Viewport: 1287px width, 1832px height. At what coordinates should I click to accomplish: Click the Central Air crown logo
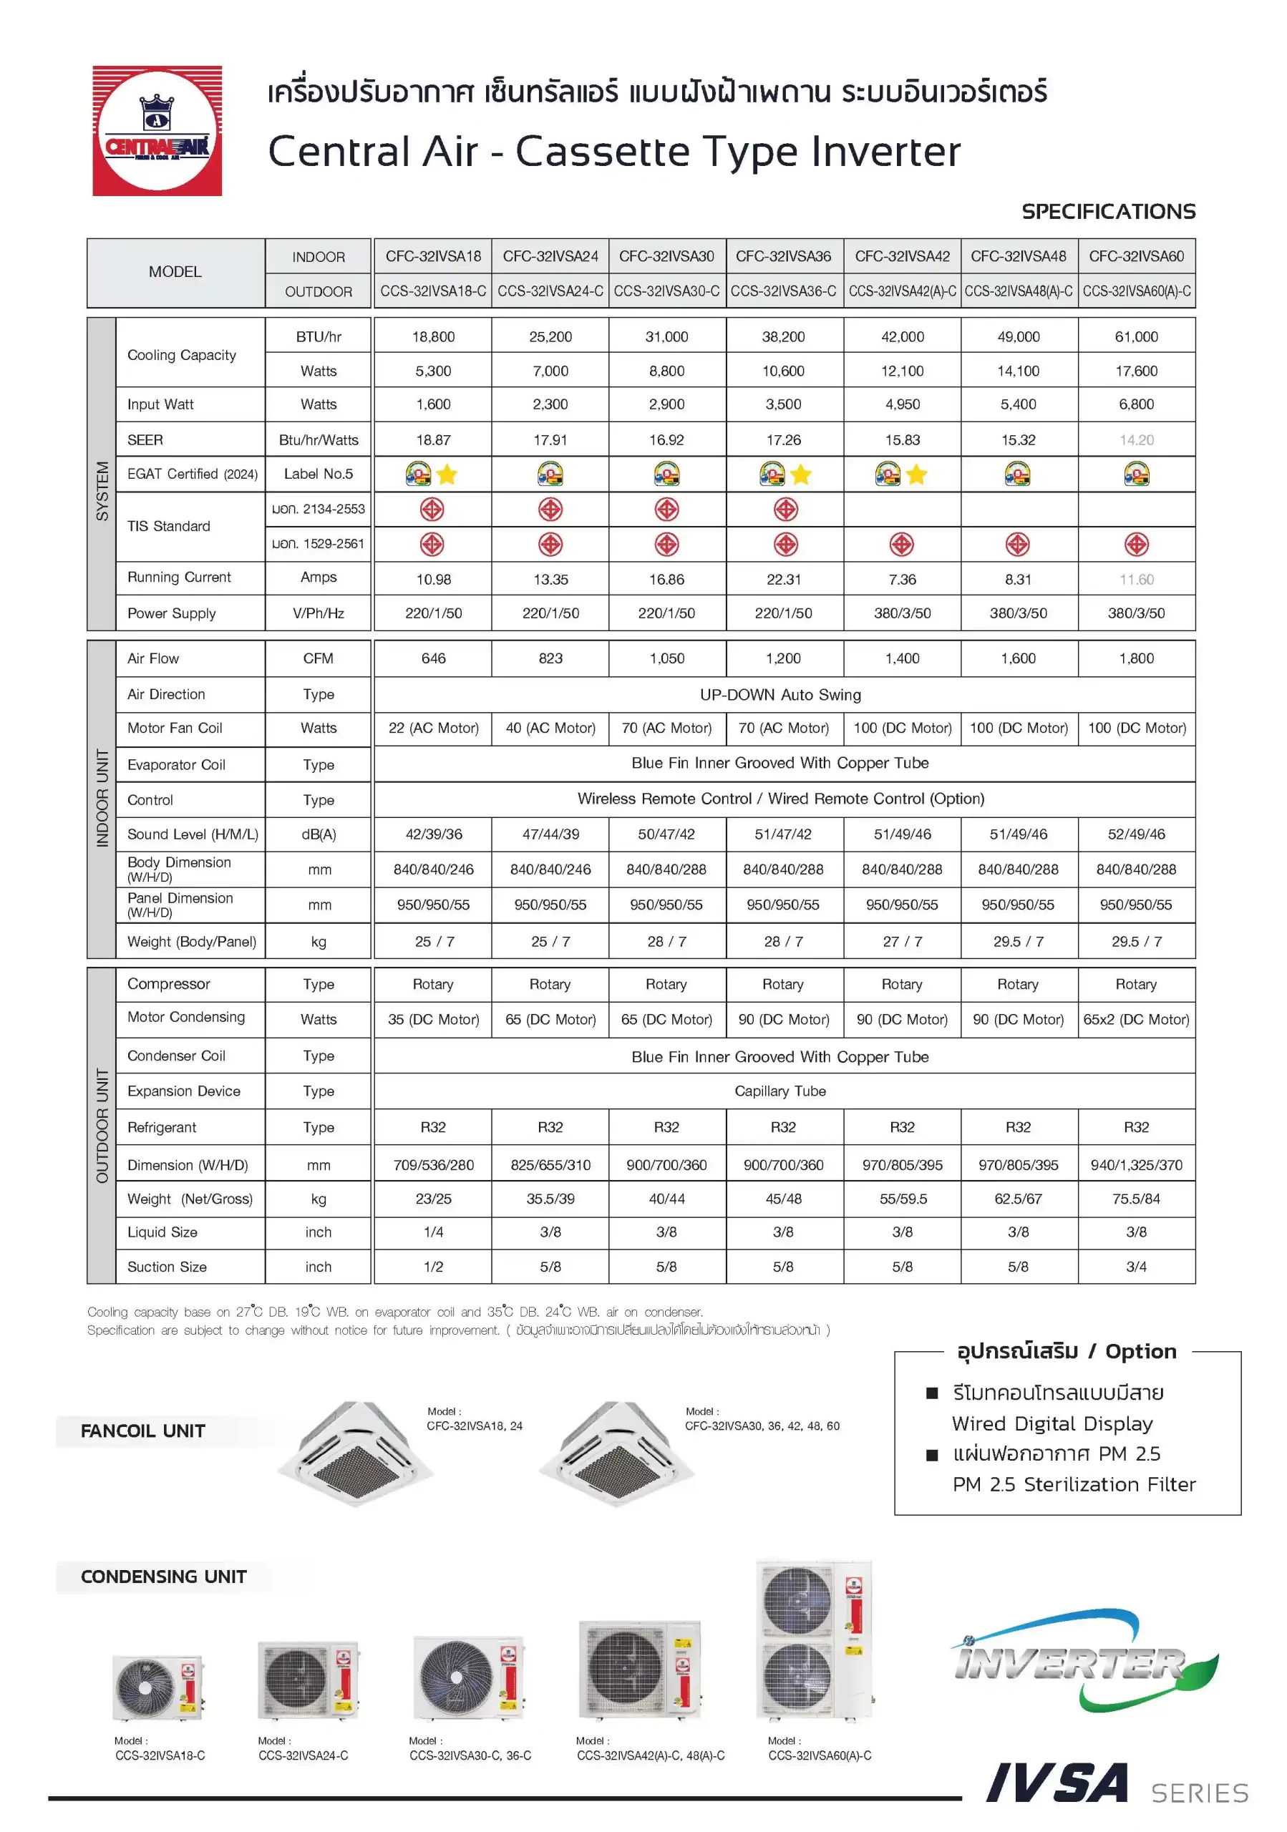click(x=157, y=131)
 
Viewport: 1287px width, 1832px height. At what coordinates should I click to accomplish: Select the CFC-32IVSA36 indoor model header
click(x=783, y=256)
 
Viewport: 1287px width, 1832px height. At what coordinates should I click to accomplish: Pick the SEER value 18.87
click(x=433, y=439)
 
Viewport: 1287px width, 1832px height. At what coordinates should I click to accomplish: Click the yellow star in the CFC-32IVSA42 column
click(x=917, y=474)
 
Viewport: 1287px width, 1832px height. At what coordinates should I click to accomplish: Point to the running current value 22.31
click(x=783, y=579)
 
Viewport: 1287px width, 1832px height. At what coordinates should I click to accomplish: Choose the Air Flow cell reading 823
click(x=550, y=658)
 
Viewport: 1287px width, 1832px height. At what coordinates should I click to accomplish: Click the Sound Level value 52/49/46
click(x=1136, y=834)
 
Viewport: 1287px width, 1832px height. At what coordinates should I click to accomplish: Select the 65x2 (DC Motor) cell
click(x=1136, y=1019)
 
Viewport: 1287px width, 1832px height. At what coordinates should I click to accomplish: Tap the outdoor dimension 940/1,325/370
click(x=1136, y=1165)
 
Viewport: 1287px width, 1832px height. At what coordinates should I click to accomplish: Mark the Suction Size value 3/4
click(x=1136, y=1266)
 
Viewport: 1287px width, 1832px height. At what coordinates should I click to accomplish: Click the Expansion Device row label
click(x=183, y=1091)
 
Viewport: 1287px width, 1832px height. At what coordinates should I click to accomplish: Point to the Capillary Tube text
click(x=780, y=1091)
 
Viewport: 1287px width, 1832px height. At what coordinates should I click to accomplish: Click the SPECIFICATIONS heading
click(x=1108, y=211)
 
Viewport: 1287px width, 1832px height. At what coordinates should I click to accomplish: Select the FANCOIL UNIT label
click(x=143, y=1431)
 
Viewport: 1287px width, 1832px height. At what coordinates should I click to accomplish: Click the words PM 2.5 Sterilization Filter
click(x=1074, y=1484)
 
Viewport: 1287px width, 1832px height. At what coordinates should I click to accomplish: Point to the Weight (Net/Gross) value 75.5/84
click(x=1136, y=1199)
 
